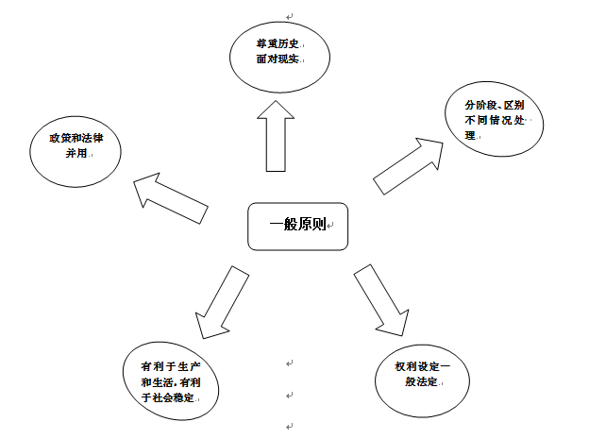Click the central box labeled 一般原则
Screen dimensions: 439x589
click(297, 226)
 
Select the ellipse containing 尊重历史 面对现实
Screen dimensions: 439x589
click(280, 55)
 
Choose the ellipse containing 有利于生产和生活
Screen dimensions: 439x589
click(172, 382)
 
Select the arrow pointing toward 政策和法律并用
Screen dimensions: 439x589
click(170, 198)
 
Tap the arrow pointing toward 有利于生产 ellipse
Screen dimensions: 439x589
click(220, 302)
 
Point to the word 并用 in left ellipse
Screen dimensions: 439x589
click(76, 155)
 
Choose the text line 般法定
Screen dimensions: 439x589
click(422, 383)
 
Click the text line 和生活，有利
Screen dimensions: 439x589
click(170, 382)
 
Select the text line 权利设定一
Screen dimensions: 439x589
click(422, 366)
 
